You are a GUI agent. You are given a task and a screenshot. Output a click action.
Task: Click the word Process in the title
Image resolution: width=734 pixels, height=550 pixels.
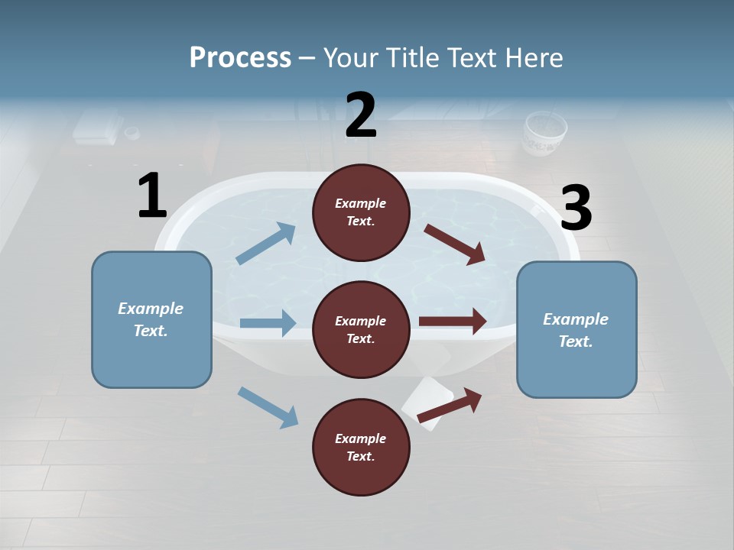point(240,57)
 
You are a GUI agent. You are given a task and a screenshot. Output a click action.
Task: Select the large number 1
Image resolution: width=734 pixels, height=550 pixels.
point(152,196)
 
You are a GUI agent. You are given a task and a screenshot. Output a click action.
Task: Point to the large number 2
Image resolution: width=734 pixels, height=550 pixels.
point(361,115)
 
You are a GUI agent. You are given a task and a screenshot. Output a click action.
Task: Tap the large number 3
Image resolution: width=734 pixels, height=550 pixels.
point(576,208)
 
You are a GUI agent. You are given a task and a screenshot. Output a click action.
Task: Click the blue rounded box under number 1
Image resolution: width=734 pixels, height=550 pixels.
point(151,319)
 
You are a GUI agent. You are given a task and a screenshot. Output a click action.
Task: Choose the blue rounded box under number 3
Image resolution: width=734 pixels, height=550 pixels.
point(576,329)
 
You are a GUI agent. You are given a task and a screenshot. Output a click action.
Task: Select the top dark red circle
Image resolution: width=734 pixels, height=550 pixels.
point(361,212)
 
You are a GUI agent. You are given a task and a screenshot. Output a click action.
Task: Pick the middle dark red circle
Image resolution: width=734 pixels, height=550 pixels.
point(361,329)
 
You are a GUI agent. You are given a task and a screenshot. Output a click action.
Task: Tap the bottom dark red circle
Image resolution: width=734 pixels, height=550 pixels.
point(361,447)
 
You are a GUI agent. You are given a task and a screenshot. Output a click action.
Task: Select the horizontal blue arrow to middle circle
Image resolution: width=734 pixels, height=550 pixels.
point(268,323)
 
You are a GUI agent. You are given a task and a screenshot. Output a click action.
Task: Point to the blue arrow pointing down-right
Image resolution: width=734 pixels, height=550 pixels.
point(268,407)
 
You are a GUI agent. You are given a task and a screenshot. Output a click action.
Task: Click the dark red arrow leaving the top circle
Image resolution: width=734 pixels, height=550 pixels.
point(455,244)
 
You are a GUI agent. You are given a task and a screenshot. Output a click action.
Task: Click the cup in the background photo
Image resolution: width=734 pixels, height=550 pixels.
point(544,133)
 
